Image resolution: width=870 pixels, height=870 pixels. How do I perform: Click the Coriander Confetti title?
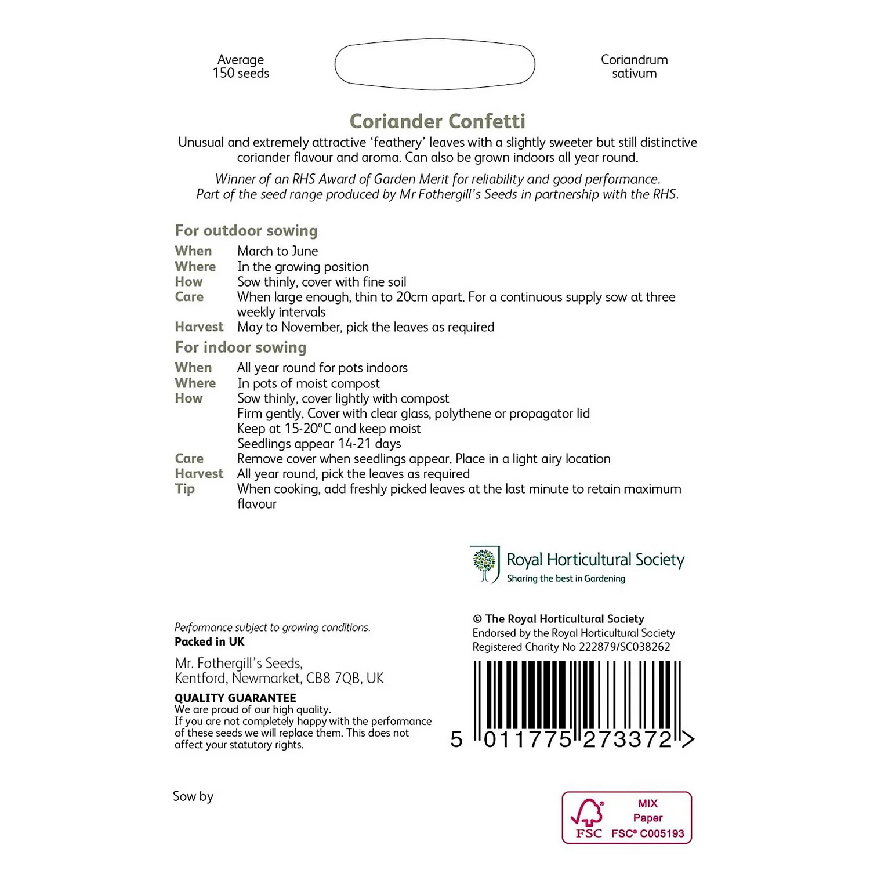coord(437,121)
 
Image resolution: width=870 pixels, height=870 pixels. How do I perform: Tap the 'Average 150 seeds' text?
coord(241,67)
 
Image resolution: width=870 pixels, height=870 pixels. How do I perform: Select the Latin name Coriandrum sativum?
coord(634,67)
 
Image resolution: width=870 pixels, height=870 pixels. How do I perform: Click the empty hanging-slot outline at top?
coord(434,64)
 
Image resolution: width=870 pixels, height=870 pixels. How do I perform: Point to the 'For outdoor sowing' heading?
coord(246,231)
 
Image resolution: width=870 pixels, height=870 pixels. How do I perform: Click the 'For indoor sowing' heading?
coord(240,347)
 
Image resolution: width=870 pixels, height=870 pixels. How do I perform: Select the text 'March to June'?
coord(277,251)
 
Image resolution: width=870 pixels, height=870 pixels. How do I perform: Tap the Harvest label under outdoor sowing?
coord(199,327)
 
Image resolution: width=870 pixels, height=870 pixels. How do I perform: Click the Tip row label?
coord(185,489)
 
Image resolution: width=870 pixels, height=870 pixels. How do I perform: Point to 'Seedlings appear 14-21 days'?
coord(319,444)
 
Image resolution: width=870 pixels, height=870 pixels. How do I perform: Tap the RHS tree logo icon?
coord(485,564)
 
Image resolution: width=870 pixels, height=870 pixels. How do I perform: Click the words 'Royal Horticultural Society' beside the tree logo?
coord(595,560)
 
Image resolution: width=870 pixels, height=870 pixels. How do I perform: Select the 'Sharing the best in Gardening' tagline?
coord(566,579)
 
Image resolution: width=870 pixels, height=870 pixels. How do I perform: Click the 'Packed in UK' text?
coord(209,642)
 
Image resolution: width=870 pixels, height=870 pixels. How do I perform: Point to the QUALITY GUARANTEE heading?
coord(235,698)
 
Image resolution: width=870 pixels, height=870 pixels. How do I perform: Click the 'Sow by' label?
coord(193,796)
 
